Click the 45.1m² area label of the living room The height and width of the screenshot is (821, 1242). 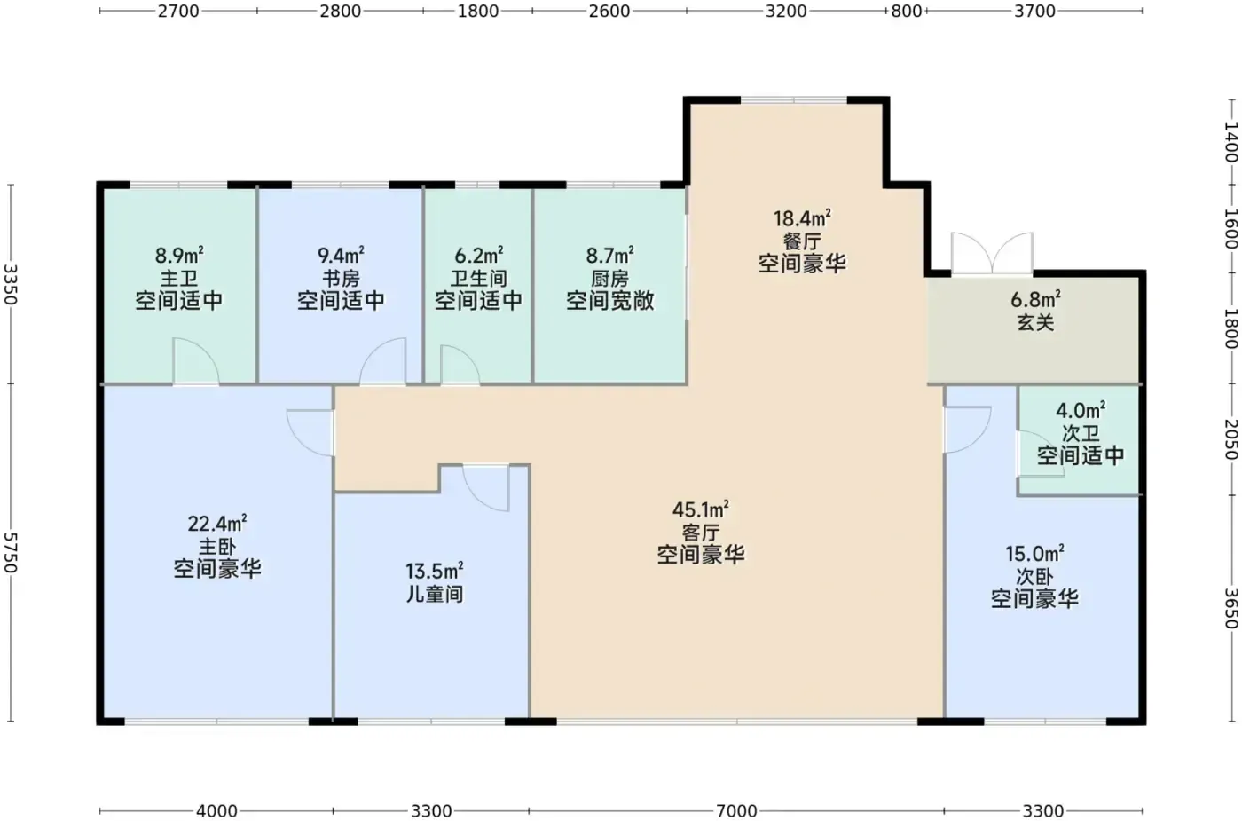click(700, 509)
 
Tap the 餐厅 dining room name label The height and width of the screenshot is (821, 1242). click(802, 241)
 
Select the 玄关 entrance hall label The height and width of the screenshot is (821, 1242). click(1035, 322)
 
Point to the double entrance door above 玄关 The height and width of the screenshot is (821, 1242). click(992, 254)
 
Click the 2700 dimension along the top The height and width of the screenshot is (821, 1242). click(178, 11)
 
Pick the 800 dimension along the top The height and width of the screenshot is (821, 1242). click(906, 11)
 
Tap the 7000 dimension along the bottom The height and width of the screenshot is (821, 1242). click(736, 811)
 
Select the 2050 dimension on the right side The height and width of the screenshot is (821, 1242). click(1231, 440)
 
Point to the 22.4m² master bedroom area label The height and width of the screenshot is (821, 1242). click(216, 523)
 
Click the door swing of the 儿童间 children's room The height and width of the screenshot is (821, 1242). click(486, 488)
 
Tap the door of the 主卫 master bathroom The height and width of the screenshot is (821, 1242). click(196, 360)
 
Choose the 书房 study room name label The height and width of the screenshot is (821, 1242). click(341, 278)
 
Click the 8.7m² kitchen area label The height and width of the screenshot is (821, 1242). click(610, 256)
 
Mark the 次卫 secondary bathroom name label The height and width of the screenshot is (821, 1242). click(1081, 433)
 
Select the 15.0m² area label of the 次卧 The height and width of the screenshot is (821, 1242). click(1034, 554)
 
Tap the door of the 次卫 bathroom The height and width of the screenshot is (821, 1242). click(1041, 454)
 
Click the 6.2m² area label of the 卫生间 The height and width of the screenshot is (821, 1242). click(478, 256)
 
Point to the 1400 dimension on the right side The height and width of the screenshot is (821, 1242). click(1231, 143)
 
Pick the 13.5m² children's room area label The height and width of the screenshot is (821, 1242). click(434, 570)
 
